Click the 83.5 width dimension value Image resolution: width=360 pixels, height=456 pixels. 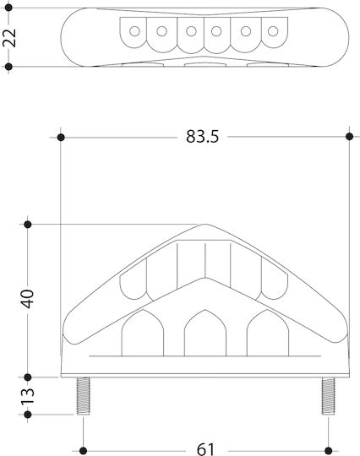click(x=202, y=137)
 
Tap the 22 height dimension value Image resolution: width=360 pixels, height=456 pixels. click(x=9, y=38)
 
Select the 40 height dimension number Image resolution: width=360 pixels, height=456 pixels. click(x=28, y=299)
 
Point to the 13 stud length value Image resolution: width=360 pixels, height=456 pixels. click(x=28, y=396)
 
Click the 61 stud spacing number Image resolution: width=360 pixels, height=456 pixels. click(x=205, y=449)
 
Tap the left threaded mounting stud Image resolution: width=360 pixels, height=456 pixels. click(x=83, y=396)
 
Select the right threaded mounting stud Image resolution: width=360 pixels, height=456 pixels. click(x=328, y=396)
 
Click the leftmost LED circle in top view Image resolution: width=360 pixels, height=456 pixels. click(x=134, y=31)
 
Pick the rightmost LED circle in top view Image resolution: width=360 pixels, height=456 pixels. click(x=273, y=31)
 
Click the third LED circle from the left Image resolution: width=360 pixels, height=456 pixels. click(x=191, y=31)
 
